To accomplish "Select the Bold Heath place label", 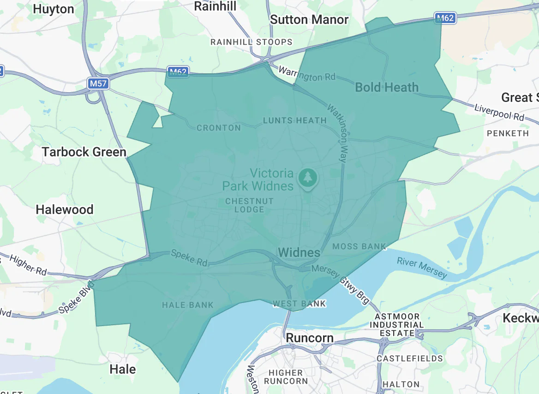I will click(387, 87).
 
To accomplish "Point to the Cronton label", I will click(219, 128).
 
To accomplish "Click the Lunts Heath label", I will click(294, 120).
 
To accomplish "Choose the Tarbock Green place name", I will click(84, 152).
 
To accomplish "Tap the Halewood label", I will click(65, 209).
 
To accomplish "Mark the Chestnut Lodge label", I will click(249, 205).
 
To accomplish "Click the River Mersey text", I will click(422, 268).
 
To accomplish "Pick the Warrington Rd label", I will click(307, 75).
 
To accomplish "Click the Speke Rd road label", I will click(189, 258).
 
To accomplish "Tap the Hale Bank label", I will click(188, 305).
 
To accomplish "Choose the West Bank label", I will click(299, 304).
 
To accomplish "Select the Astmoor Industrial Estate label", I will click(397, 325).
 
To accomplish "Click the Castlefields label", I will click(409, 358).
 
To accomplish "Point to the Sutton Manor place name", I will click(309, 20).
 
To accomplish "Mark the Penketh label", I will click(508, 133).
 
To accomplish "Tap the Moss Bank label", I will click(359, 246).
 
